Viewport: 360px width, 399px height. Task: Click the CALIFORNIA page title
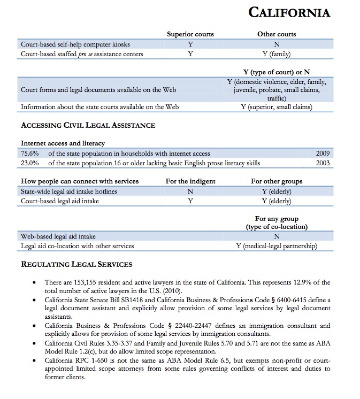[289, 12]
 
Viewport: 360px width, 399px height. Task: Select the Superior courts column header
[190, 34]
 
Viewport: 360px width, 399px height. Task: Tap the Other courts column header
[277, 34]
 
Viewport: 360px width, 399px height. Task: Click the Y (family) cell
[277, 54]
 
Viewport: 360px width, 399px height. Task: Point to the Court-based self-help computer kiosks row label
[75, 44]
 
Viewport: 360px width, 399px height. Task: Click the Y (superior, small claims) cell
[277, 107]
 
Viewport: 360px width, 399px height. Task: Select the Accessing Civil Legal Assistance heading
[88, 126]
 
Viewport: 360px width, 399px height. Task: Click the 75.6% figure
[29, 154]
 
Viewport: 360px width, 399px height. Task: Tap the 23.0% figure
[29, 163]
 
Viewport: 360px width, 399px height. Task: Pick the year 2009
[323, 154]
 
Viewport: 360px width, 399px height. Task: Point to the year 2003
[323, 163]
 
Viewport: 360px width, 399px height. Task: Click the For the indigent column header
[190, 181]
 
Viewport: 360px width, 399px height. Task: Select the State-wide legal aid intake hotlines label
[69, 191]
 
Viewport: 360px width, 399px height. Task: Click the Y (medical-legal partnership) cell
[277, 246]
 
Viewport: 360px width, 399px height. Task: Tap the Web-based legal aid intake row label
[58, 236]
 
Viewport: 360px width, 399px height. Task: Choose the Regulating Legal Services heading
[76, 264]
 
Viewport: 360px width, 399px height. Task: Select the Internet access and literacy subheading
[63, 143]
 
